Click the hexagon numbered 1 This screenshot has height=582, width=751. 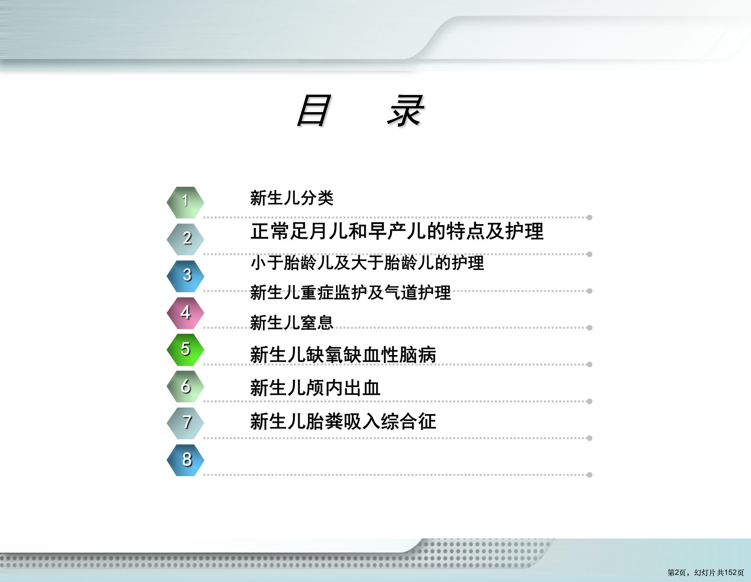[x=185, y=202]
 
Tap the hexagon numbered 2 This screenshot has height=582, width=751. [x=185, y=239]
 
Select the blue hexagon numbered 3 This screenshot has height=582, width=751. [x=185, y=276]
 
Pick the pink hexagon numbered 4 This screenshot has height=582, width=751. [x=185, y=313]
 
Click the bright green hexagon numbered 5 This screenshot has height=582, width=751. [x=185, y=350]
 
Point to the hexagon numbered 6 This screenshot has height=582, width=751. [x=185, y=386]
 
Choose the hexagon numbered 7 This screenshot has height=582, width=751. [x=185, y=423]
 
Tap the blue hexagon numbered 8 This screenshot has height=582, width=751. [x=185, y=460]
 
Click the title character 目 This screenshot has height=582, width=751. [x=314, y=111]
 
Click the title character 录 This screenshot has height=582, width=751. [x=406, y=111]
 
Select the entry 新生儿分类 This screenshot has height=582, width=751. [x=292, y=198]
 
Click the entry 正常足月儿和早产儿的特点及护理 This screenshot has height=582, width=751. [x=397, y=231]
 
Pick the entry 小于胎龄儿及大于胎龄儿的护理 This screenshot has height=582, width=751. [x=367, y=263]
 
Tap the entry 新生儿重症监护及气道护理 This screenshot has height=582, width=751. [x=351, y=293]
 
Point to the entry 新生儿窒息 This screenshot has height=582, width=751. [x=292, y=323]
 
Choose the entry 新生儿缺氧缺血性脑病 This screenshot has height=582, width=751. [x=343, y=355]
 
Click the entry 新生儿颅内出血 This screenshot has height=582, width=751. [x=315, y=388]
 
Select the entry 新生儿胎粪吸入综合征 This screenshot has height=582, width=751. [x=343, y=421]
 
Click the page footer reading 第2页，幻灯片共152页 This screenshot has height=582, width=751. [x=705, y=573]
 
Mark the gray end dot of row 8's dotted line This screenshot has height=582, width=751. [x=589, y=475]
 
